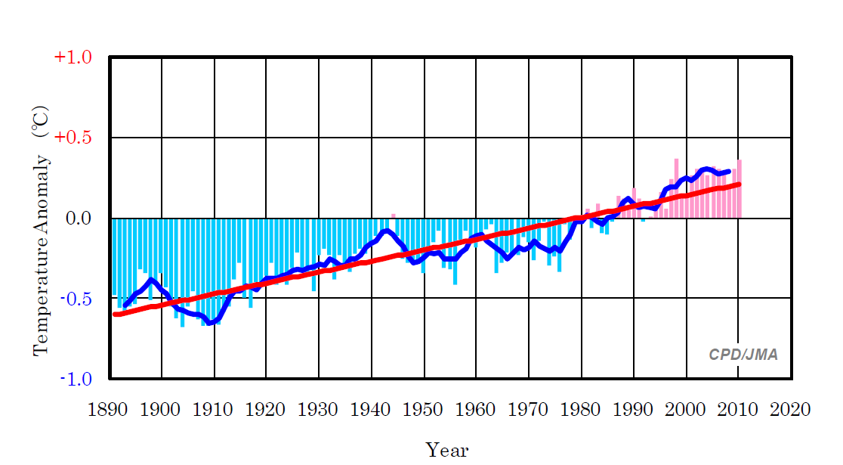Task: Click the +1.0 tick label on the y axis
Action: point(73,57)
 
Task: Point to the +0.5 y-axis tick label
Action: point(73,138)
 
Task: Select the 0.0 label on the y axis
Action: point(78,219)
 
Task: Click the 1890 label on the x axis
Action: point(108,410)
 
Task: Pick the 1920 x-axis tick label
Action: point(266,410)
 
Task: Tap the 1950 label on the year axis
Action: point(424,410)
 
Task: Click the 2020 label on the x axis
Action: point(790,410)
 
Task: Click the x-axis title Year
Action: point(447,451)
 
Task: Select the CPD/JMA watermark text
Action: point(743,355)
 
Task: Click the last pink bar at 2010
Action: point(740,189)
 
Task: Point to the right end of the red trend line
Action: point(739,184)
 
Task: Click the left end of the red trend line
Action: point(116,314)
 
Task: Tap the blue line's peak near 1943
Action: point(387,231)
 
